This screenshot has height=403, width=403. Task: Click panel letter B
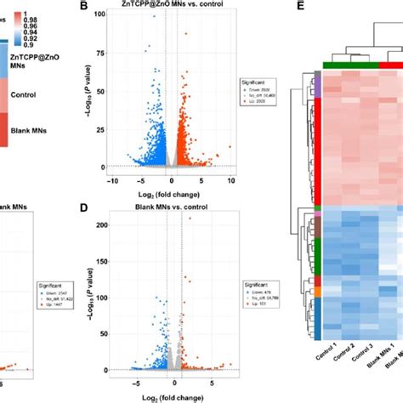click(107, 7)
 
